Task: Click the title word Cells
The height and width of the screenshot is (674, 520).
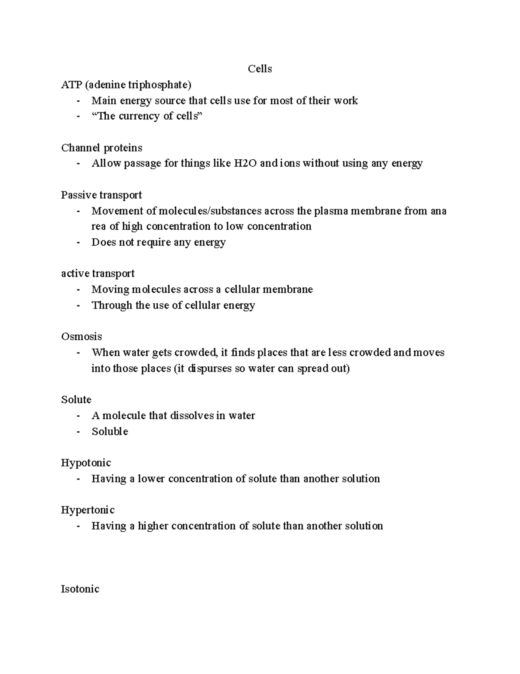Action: [260, 69]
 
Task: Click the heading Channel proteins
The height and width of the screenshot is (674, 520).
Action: [102, 148]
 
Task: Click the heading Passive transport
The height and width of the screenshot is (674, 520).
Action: [101, 195]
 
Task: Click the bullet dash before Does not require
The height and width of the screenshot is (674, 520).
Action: [78, 242]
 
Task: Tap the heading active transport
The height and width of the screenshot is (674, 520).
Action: [98, 274]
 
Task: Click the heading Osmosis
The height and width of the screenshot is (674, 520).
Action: [81, 337]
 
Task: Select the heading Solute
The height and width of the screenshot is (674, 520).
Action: [76, 400]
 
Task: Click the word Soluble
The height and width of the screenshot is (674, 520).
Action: [110, 431]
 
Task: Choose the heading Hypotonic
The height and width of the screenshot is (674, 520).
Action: [86, 463]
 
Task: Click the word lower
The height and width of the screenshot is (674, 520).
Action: [151, 479]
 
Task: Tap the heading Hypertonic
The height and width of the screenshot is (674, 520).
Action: [88, 510]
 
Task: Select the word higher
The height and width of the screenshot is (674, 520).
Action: [153, 526]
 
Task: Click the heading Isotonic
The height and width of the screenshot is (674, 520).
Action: [80, 589]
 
